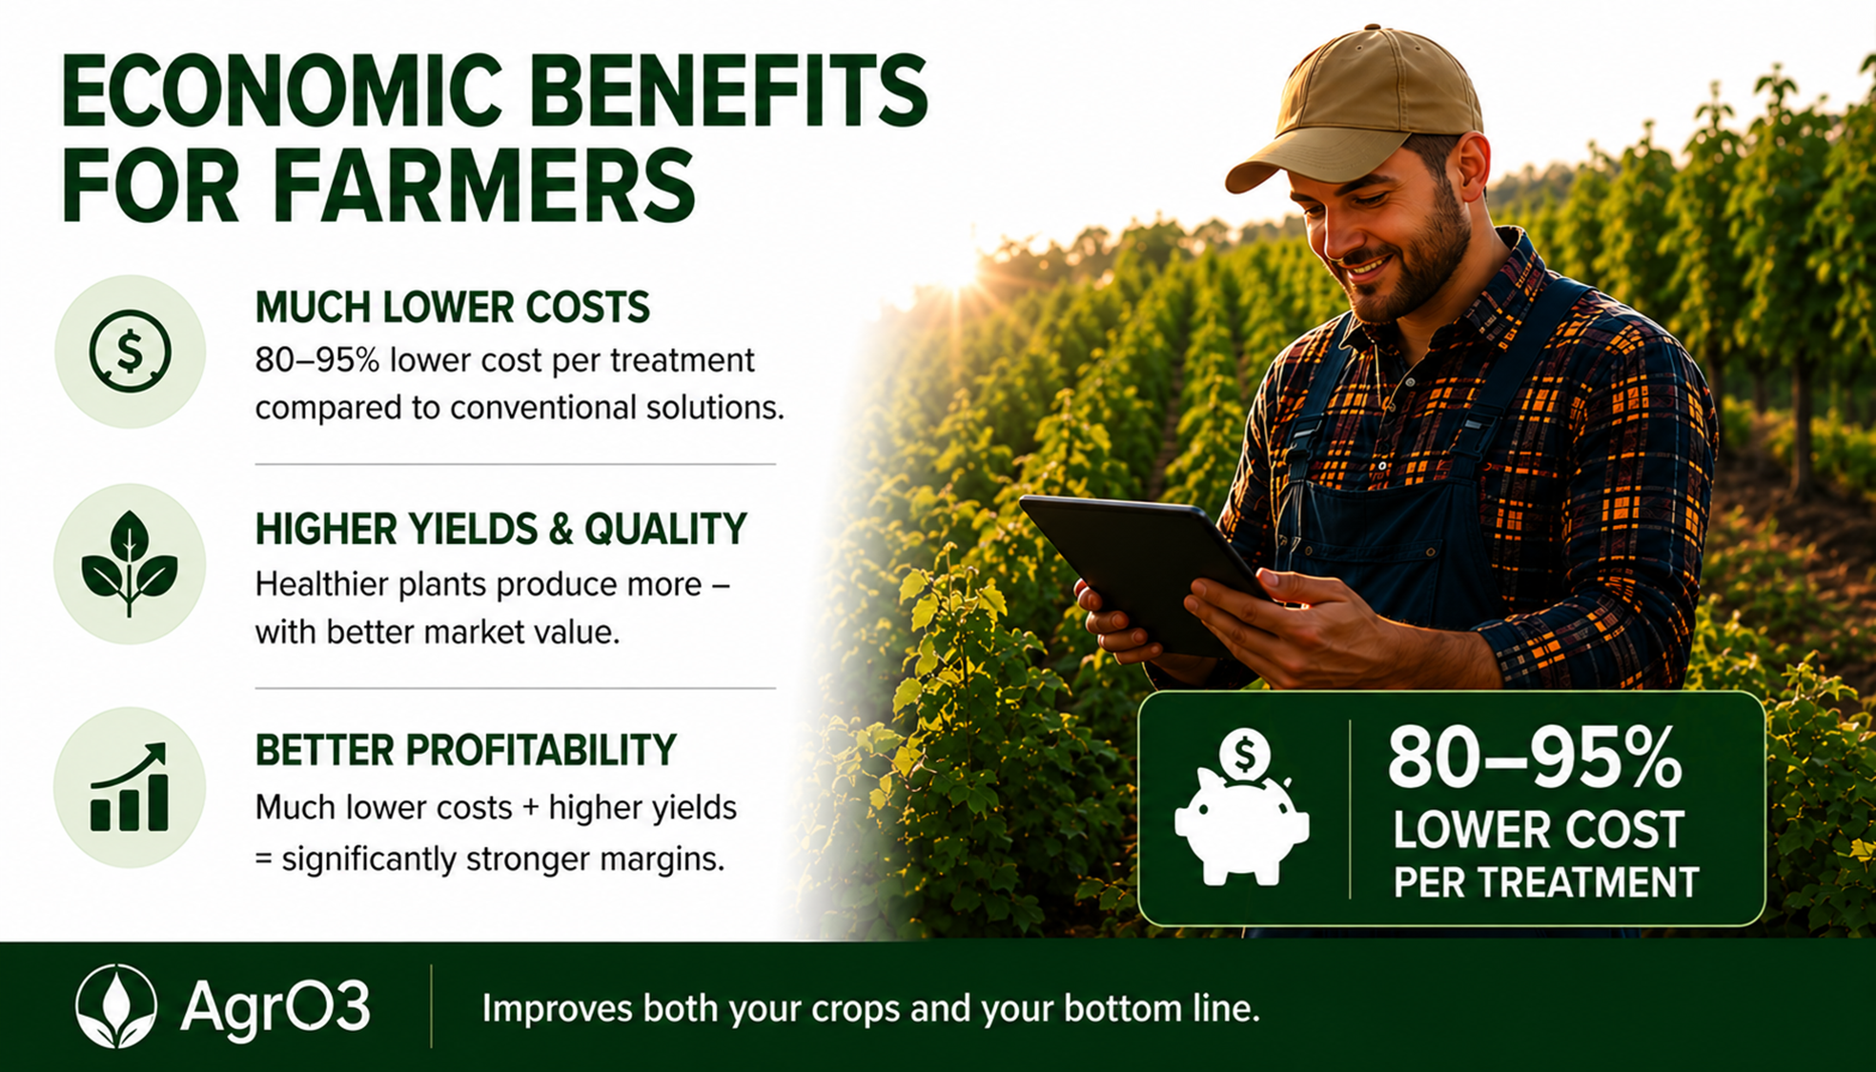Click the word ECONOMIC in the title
[x=282, y=91]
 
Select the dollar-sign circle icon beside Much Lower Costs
[x=130, y=352]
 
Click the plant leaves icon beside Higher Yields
[x=130, y=563]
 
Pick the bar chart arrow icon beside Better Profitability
[x=130, y=787]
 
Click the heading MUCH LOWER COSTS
[x=452, y=308]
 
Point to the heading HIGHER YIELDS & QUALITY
[x=500, y=529]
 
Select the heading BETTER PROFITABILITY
[x=465, y=750]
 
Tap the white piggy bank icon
[x=1241, y=808]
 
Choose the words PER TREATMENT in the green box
[x=1546, y=882]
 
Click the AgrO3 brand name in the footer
[x=275, y=1007]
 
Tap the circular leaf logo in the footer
[x=116, y=1006]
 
